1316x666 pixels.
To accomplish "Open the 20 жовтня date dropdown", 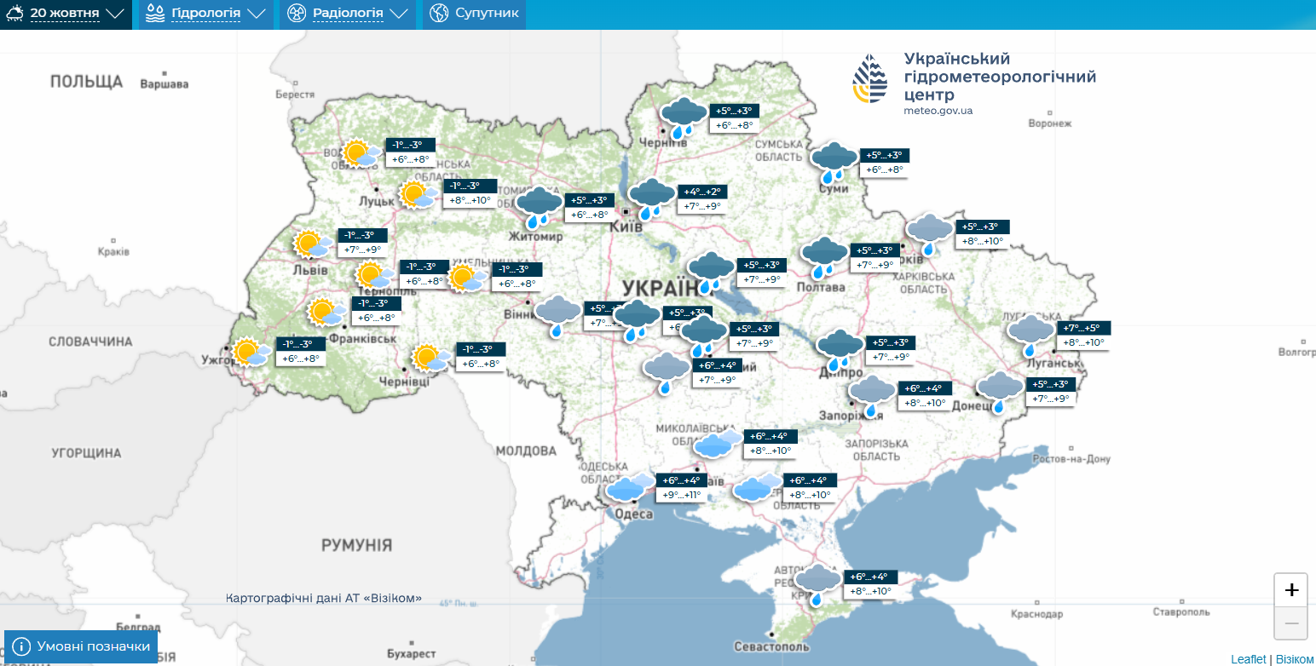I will (66, 14).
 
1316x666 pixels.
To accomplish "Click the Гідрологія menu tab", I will (206, 14).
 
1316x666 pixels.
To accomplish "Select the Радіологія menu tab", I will (348, 14).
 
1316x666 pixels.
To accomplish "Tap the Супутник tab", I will (475, 14).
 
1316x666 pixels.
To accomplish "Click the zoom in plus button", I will (1290, 589).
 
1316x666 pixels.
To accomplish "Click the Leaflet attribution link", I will (1248, 659).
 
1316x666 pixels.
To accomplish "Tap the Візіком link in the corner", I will (1295, 659).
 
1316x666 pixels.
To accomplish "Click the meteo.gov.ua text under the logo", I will (938, 111).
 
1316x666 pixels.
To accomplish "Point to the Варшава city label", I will (164, 84).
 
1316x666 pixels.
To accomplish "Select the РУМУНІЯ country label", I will (356, 545).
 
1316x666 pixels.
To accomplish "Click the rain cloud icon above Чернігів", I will (684, 118).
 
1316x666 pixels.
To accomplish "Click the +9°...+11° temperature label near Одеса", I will (681, 495).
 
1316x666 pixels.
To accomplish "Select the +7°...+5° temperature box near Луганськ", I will (1082, 328).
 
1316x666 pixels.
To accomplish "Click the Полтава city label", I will (821, 288).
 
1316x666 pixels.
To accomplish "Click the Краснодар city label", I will (1037, 614).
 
